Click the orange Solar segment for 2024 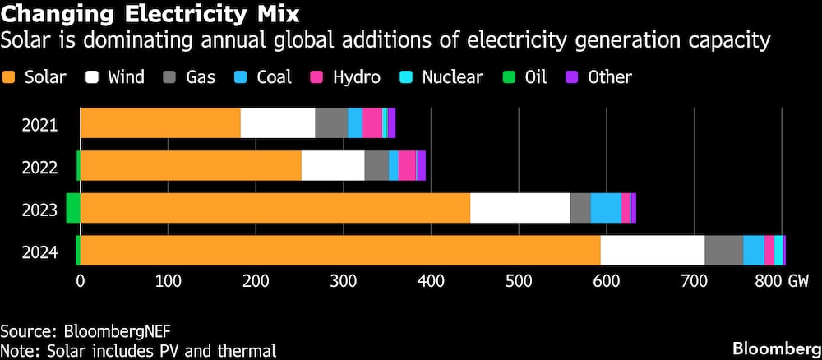coord(340,251)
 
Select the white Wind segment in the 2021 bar coord(278,123)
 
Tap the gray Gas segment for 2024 coord(723,251)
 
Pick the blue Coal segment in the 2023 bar coord(606,208)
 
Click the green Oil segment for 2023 coord(73,208)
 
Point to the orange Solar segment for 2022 coord(191,166)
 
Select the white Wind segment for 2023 coord(520,208)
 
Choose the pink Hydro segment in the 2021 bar coord(372,123)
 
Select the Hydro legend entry coord(345,78)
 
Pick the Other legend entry coord(601,78)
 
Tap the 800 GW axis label coord(782,281)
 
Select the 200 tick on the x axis coord(256,281)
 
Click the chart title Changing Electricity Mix coord(150,14)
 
